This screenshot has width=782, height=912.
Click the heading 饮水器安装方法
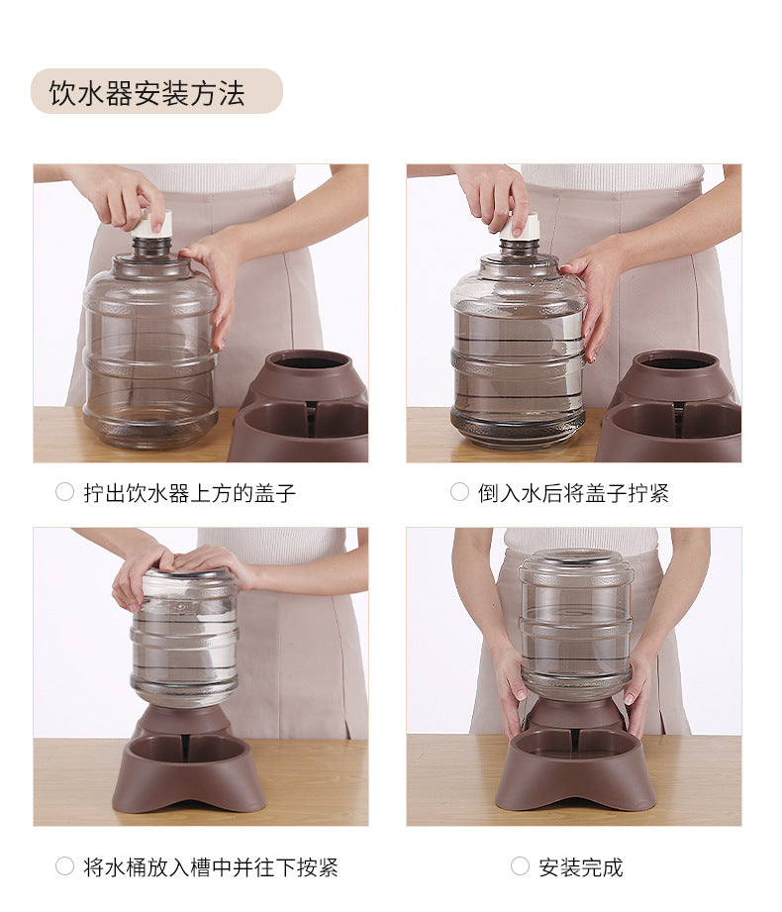(x=147, y=92)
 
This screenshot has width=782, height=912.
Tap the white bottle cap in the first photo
(x=152, y=224)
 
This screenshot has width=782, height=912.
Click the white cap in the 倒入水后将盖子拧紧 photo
(x=521, y=228)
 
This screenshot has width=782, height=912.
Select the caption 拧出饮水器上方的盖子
(x=190, y=493)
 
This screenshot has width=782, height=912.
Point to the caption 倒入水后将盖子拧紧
(x=573, y=493)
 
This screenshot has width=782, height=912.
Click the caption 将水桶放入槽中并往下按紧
(x=211, y=867)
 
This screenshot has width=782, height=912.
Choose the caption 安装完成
(x=580, y=867)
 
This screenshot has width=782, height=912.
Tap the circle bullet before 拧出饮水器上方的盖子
(x=64, y=492)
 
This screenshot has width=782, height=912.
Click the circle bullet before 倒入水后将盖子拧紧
(x=459, y=492)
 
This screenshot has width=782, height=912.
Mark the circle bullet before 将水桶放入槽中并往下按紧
(x=64, y=866)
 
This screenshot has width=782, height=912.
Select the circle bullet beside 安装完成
(x=520, y=866)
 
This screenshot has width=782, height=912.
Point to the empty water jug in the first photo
(x=150, y=344)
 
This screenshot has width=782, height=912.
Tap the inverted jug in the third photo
(x=185, y=637)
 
